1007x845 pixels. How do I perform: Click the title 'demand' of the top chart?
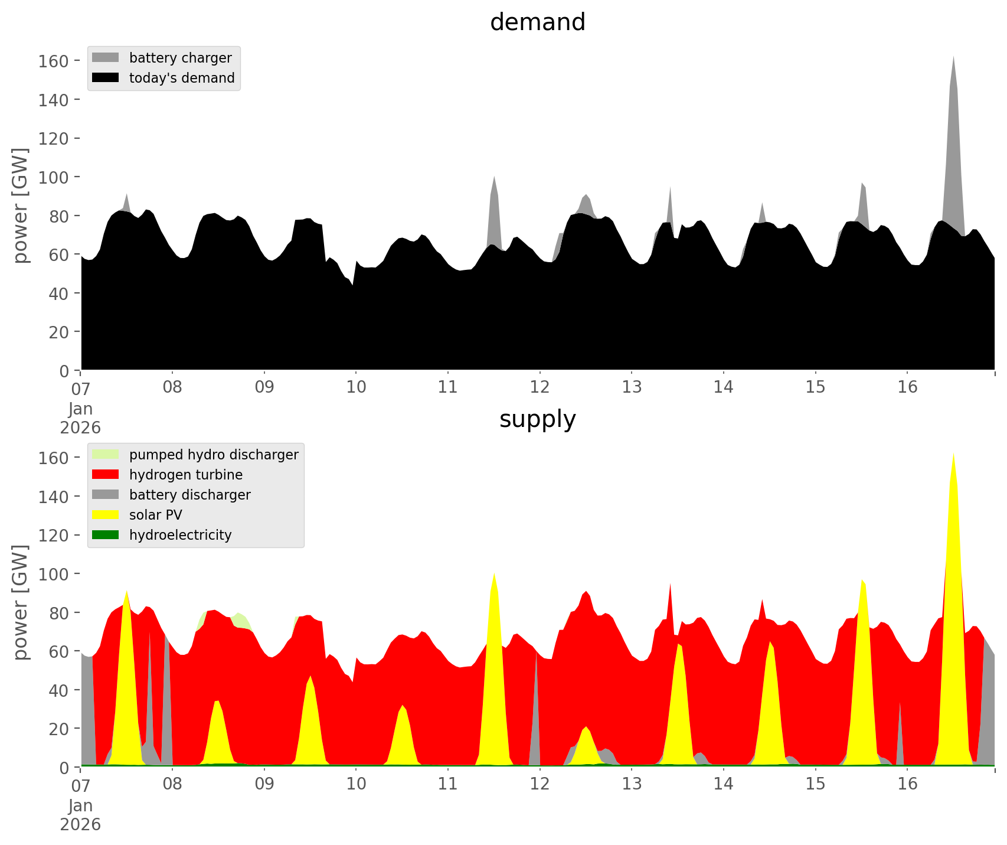tap(537, 22)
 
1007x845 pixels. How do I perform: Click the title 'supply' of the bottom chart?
tap(537, 419)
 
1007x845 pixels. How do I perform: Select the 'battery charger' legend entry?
tap(180, 58)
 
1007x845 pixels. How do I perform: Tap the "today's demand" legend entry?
tap(181, 78)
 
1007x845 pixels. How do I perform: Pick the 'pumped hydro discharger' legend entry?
tap(213, 455)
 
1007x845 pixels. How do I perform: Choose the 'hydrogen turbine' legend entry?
tap(185, 475)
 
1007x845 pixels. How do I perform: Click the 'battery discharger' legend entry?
tap(189, 495)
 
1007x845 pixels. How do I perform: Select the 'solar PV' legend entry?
tap(155, 515)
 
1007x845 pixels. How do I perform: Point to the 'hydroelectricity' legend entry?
tap(180, 535)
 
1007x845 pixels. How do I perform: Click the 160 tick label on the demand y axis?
tap(54, 61)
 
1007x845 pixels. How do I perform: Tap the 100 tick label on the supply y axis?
tap(54, 574)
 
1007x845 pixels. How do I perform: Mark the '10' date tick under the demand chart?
tap(356, 387)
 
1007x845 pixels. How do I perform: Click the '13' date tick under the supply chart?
tap(632, 784)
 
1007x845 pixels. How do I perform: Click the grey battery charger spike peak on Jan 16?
tap(953, 58)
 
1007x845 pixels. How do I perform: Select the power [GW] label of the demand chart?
tap(20, 205)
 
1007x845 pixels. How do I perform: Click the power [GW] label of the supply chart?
tap(20, 602)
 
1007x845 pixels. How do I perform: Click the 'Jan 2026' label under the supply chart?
tap(80, 814)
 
